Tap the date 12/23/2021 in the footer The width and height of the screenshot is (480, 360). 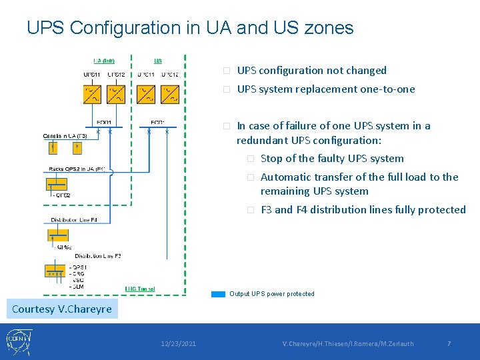click(178, 344)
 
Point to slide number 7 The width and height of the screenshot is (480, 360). click(449, 344)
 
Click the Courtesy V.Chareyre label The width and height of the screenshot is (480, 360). click(62, 309)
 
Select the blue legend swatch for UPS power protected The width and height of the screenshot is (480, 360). click(218, 294)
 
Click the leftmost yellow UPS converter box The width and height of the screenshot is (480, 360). click(92, 94)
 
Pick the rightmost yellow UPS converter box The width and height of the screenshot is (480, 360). click(170, 94)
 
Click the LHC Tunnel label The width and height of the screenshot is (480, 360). click(140, 289)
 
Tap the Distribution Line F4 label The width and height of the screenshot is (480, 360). click(74, 219)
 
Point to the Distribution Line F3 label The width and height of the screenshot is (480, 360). click(98, 256)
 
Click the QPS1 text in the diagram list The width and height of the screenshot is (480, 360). click(79, 267)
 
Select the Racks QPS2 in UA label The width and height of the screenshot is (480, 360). click(76, 169)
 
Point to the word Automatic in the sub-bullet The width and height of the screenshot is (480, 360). click(287, 177)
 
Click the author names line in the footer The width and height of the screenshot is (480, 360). click(348, 344)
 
